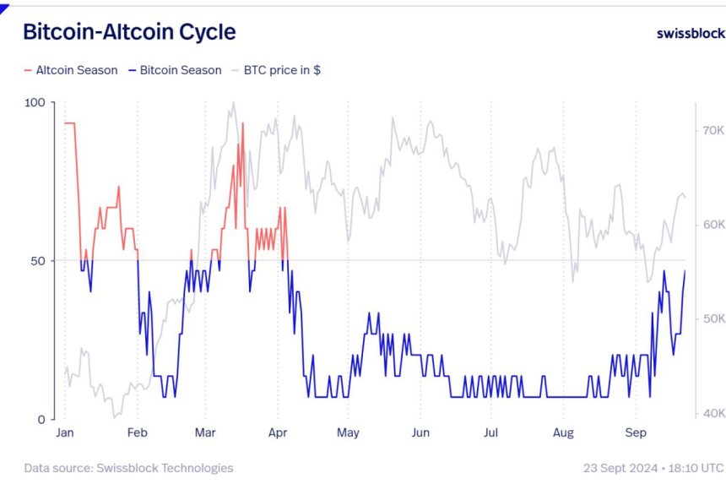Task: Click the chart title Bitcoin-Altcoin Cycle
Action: tap(129, 32)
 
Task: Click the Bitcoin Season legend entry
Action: tap(176, 70)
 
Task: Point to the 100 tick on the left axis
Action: tap(35, 102)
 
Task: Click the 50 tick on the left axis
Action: tap(38, 260)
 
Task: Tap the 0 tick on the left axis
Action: tap(41, 419)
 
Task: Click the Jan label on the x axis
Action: tap(65, 433)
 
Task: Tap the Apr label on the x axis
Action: tap(278, 433)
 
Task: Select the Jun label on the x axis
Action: tap(420, 433)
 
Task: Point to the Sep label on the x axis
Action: tap(636, 433)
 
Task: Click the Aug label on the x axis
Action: tap(563, 433)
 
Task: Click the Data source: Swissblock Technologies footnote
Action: tap(128, 467)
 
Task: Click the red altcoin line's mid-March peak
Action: tap(243, 123)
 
